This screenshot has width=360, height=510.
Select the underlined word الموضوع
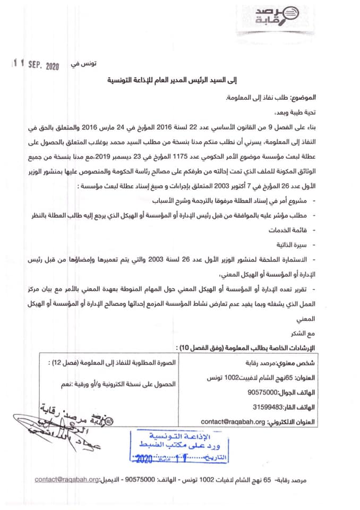301,98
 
